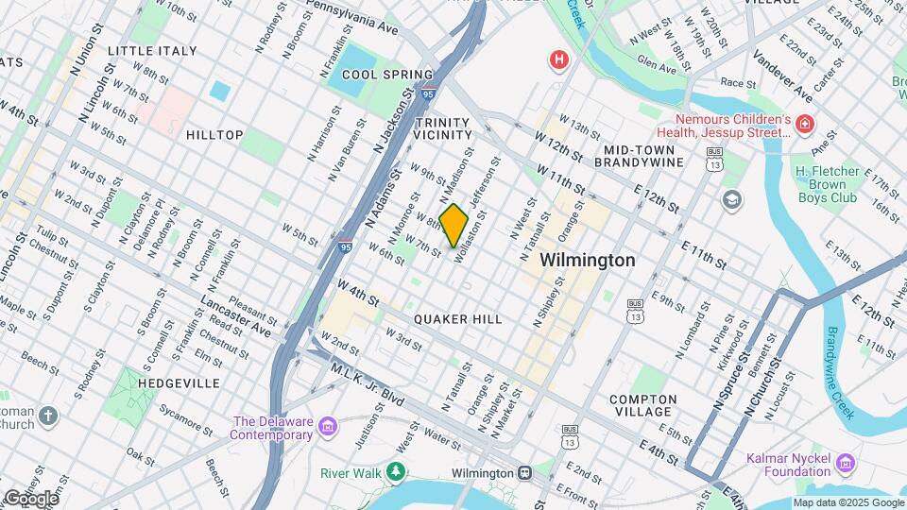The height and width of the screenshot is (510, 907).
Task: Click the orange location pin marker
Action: coord(454,226)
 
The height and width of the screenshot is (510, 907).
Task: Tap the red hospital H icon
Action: coord(560,60)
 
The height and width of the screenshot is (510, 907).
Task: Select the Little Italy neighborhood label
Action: coord(152,50)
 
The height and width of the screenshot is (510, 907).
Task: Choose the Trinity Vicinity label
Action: coord(441,129)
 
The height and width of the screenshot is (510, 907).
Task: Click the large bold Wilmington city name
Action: coord(587,260)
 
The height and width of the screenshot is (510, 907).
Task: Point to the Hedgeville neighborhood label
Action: coord(179,383)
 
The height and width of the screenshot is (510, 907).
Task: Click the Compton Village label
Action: coord(642,405)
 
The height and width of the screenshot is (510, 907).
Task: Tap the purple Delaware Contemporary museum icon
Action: coord(328,428)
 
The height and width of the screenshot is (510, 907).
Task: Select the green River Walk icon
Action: coord(399,471)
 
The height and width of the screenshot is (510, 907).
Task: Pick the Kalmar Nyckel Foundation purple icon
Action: coord(845,463)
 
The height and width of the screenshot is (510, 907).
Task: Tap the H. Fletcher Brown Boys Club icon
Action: coord(731,199)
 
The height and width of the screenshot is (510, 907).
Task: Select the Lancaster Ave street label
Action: coord(236,316)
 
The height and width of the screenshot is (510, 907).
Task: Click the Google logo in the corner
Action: coord(31,499)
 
